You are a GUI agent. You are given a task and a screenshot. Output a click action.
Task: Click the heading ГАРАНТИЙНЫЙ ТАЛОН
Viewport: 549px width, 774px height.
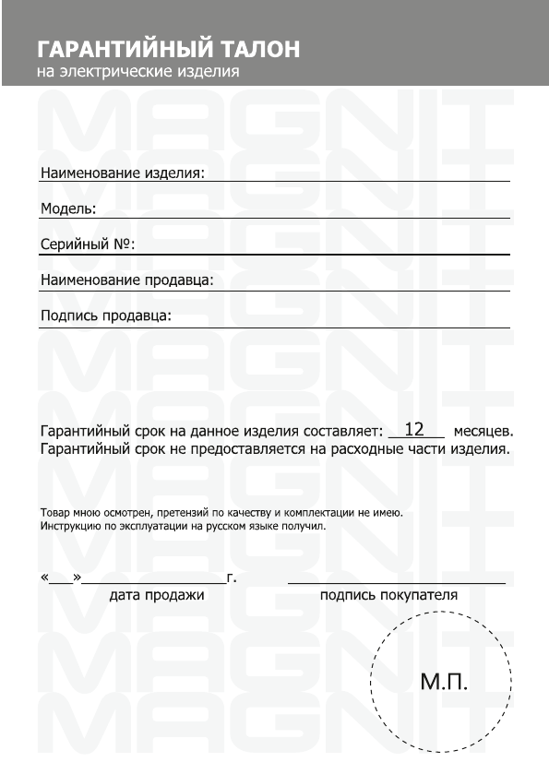pyautogui.click(x=169, y=48)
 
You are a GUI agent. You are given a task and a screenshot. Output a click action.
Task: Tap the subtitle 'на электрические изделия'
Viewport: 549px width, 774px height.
pyautogui.click(x=139, y=71)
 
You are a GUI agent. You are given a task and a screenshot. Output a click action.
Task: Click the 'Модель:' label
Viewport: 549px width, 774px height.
pyautogui.click(x=68, y=208)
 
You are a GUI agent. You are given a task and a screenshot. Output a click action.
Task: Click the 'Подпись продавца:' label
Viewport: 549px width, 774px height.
pyautogui.click(x=106, y=316)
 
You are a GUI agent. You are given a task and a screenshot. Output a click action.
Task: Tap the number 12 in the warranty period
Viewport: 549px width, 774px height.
pyautogui.click(x=414, y=429)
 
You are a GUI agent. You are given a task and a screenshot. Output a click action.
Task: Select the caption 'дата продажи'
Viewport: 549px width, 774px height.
pyautogui.click(x=157, y=595)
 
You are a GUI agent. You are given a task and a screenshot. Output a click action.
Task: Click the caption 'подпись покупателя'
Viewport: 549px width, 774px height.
pyautogui.click(x=388, y=595)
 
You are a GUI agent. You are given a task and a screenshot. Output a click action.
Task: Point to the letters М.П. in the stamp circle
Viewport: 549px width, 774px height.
pyautogui.click(x=445, y=683)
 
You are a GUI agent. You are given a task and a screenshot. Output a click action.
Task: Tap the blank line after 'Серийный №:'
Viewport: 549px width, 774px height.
pyautogui.click(x=323, y=252)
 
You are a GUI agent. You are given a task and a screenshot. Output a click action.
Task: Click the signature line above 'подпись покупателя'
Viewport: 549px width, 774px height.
pyautogui.click(x=397, y=583)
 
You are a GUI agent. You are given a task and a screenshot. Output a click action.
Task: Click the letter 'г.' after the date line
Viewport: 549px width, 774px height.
pyautogui.click(x=233, y=579)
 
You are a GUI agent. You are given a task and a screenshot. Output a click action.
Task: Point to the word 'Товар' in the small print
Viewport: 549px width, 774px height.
pyautogui.click(x=54, y=512)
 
